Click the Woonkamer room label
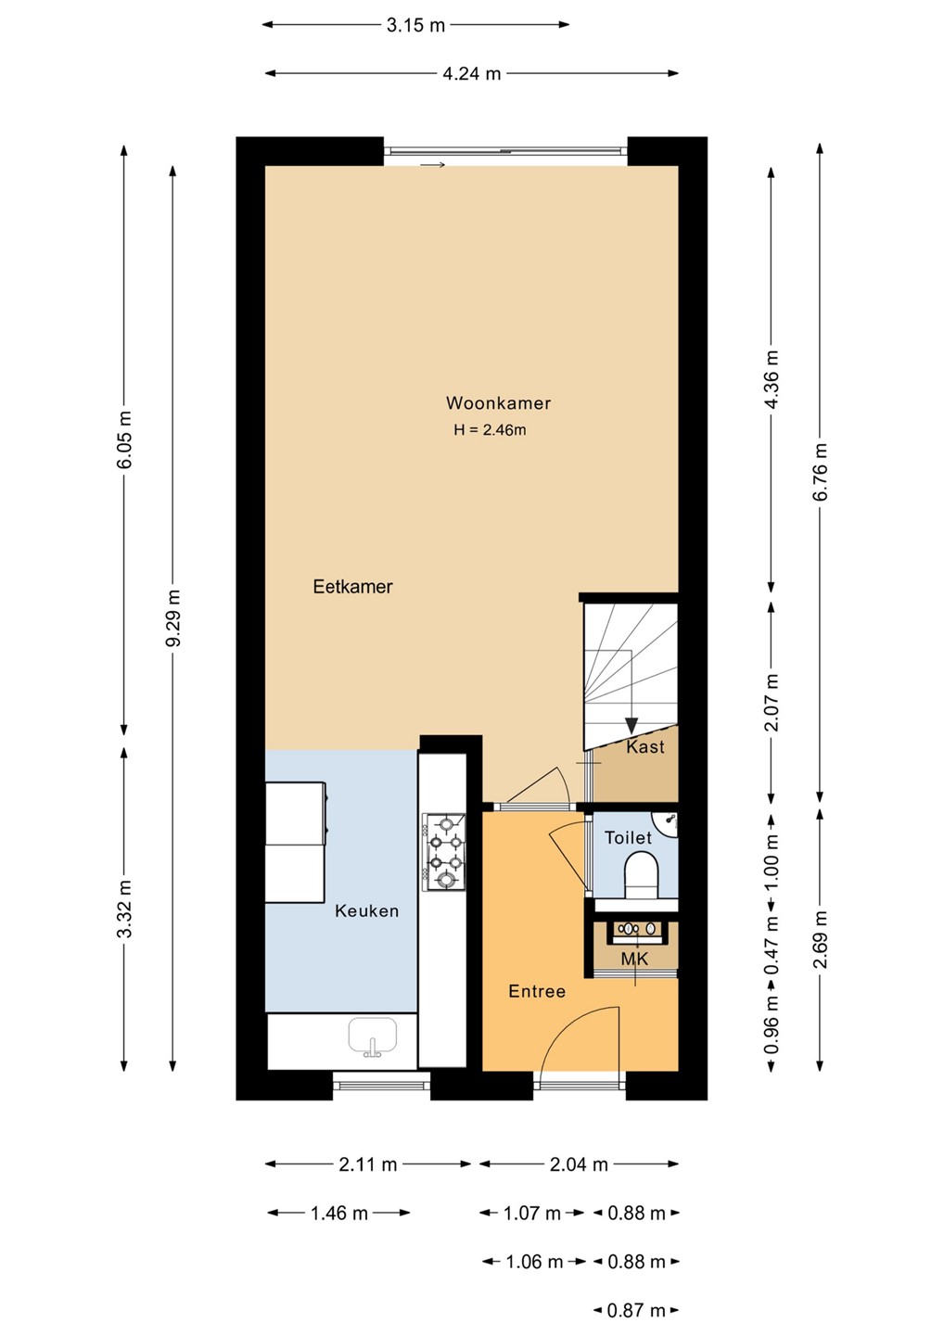point(498,403)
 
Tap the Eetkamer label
point(352,587)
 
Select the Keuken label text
point(366,910)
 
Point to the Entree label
point(537,991)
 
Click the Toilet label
point(628,838)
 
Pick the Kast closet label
point(645,747)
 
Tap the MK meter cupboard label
point(634,959)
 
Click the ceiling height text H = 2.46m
point(490,430)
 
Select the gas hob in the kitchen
point(444,852)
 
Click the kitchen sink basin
point(373,1036)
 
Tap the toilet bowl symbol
point(641,874)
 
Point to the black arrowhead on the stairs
point(631,726)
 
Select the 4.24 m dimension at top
point(472,74)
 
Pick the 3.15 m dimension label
point(415,25)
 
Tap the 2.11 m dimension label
point(368,1164)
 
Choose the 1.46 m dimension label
point(339,1213)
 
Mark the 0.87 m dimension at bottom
point(636,1311)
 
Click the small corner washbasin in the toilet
point(668,823)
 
